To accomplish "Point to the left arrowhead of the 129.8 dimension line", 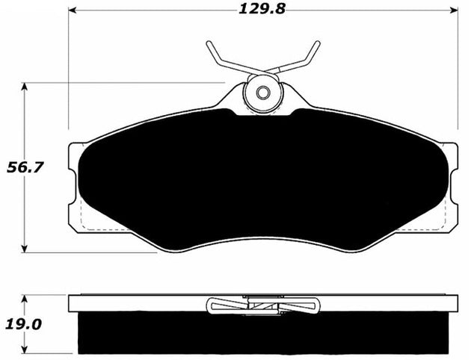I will [x=73, y=10].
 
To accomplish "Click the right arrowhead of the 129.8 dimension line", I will [x=454, y=10].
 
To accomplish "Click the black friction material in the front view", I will [x=262, y=179].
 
